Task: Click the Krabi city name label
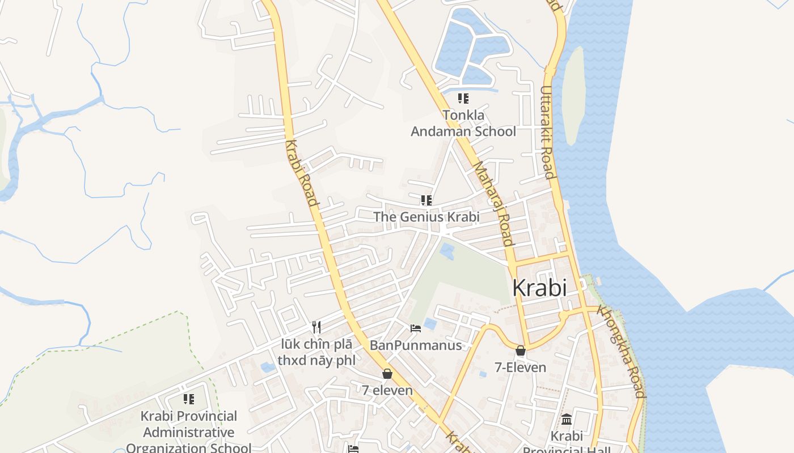[x=539, y=288]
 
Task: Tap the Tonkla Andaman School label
[x=463, y=123]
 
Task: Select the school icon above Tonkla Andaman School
[x=463, y=99]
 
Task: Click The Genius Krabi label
[x=426, y=217]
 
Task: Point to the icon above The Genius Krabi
[x=426, y=200]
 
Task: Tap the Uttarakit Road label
[x=547, y=132]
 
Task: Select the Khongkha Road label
[x=622, y=351]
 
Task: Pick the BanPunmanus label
[x=416, y=345]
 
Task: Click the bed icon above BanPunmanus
[x=416, y=328]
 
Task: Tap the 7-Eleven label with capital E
[x=520, y=367]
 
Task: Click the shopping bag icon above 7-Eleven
[x=520, y=351]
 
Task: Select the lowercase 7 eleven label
[x=387, y=390]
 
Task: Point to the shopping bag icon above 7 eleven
[x=387, y=374]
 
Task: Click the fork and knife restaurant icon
[x=316, y=327]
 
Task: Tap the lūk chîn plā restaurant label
[x=316, y=352]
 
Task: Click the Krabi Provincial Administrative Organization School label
[x=189, y=432]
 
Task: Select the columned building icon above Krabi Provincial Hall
[x=566, y=420]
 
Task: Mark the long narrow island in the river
[x=574, y=95]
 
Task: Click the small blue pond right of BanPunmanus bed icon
[x=430, y=324]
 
